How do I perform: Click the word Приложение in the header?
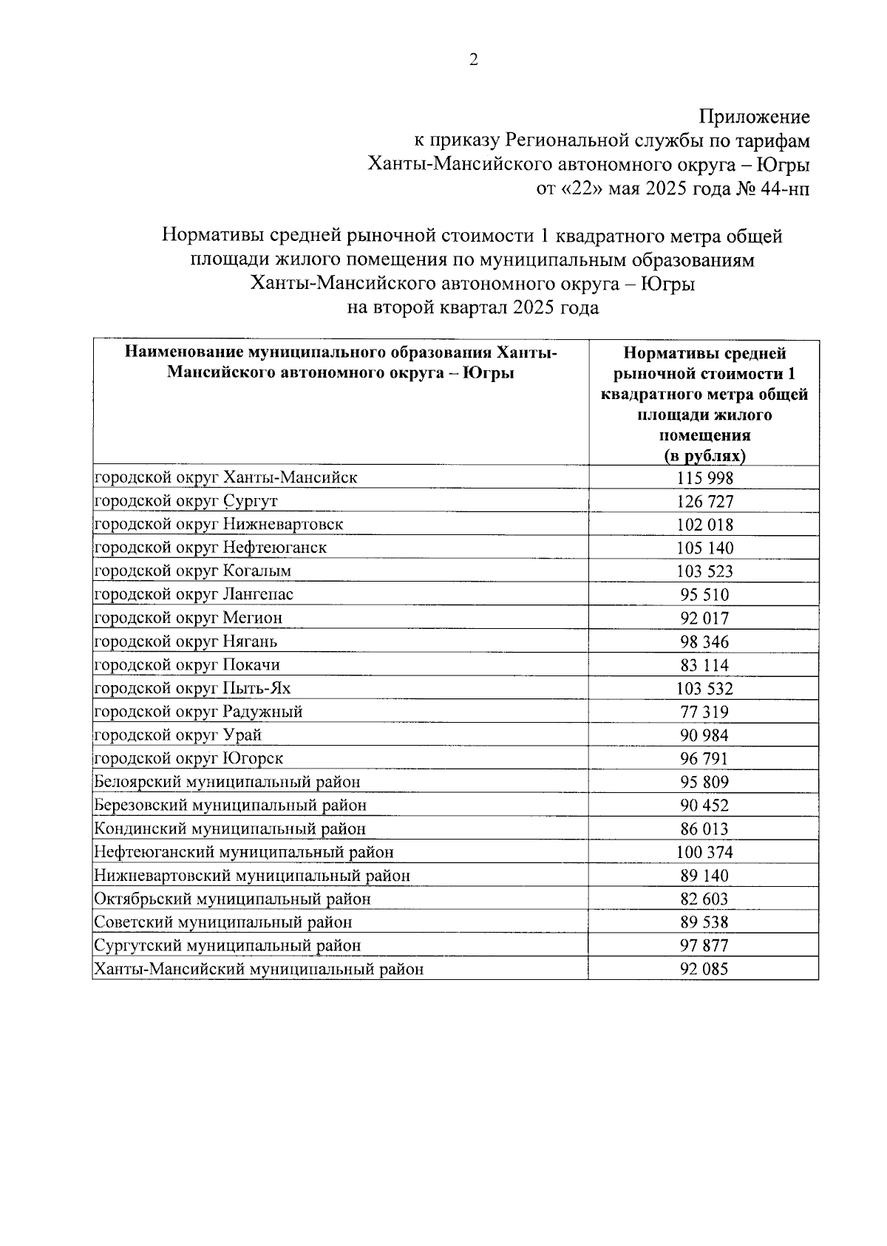coord(754,117)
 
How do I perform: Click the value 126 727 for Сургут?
coord(704,502)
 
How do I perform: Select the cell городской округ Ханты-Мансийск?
coord(226,477)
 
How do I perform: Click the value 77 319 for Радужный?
coord(704,712)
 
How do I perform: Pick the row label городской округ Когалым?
coord(193,571)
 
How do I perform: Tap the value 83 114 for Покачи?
coord(704,665)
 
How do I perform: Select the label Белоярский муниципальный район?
coord(228,782)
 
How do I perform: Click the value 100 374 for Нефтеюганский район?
coord(704,853)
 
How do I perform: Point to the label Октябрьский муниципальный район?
coord(232,899)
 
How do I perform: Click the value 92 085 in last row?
coord(704,969)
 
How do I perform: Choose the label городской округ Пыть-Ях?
coord(193,689)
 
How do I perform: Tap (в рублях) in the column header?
coord(704,456)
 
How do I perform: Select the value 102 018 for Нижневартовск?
coord(704,525)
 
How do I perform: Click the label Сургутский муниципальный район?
coord(228,946)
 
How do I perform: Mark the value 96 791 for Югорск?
coord(704,759)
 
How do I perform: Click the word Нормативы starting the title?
coord(208,236)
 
